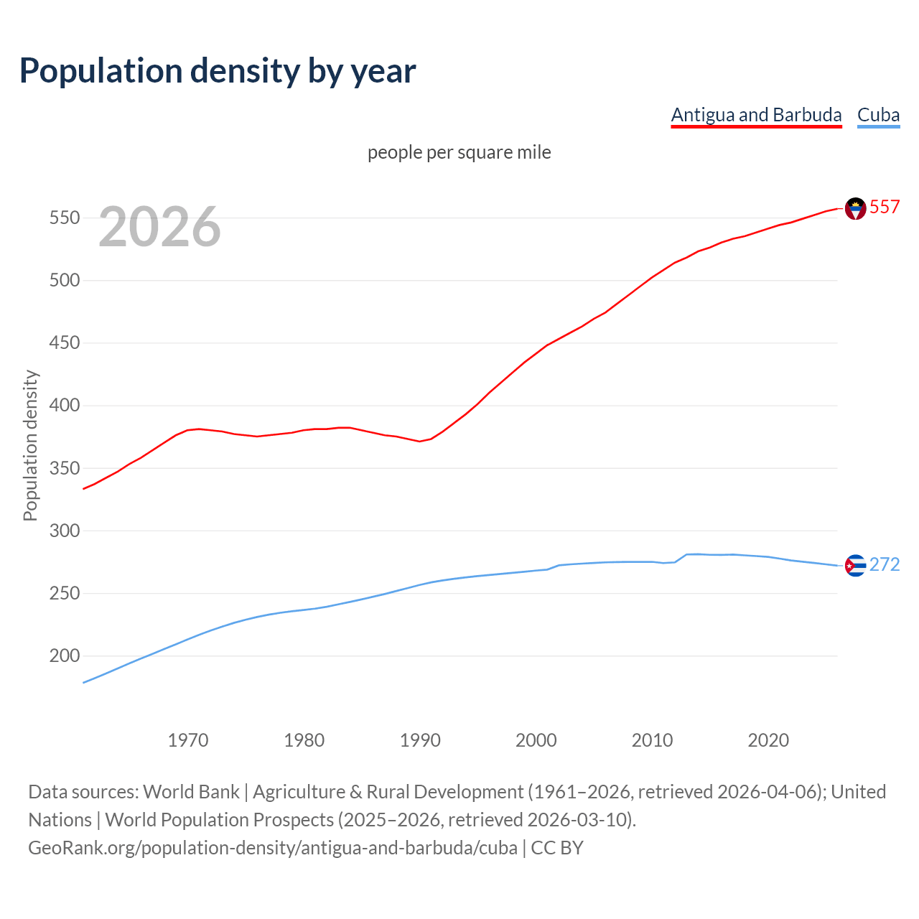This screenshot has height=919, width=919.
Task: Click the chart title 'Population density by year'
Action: [218, 70]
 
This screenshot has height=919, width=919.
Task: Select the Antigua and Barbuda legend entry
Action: [756, 115]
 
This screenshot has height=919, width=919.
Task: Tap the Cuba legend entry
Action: [878, 115]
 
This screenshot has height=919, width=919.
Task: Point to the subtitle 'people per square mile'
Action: [459, 152]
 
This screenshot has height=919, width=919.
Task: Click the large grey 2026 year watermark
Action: [159, 227]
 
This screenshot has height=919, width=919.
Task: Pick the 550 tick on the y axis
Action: [64, 218]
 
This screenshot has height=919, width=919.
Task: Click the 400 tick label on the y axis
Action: [64, 406]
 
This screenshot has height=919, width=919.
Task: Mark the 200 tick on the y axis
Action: [64, 656]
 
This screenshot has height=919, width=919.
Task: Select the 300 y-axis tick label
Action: [64, 531]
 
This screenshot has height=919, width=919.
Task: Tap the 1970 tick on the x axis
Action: [188, 740]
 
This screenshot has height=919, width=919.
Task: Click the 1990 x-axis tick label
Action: [420, 740]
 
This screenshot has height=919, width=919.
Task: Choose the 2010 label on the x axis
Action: [652, 740]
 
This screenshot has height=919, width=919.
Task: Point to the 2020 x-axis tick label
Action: [768, 740]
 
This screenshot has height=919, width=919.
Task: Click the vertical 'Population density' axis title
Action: [30, 445]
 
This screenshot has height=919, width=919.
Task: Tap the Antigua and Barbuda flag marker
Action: [855, 208]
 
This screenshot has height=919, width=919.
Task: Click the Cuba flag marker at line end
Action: [855, 566]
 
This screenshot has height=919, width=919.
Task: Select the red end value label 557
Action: [885, 207]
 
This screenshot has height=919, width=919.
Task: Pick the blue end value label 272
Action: [885, 565]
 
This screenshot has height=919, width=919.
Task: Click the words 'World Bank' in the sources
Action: [191, 791]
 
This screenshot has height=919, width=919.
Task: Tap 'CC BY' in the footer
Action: [557, 848]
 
